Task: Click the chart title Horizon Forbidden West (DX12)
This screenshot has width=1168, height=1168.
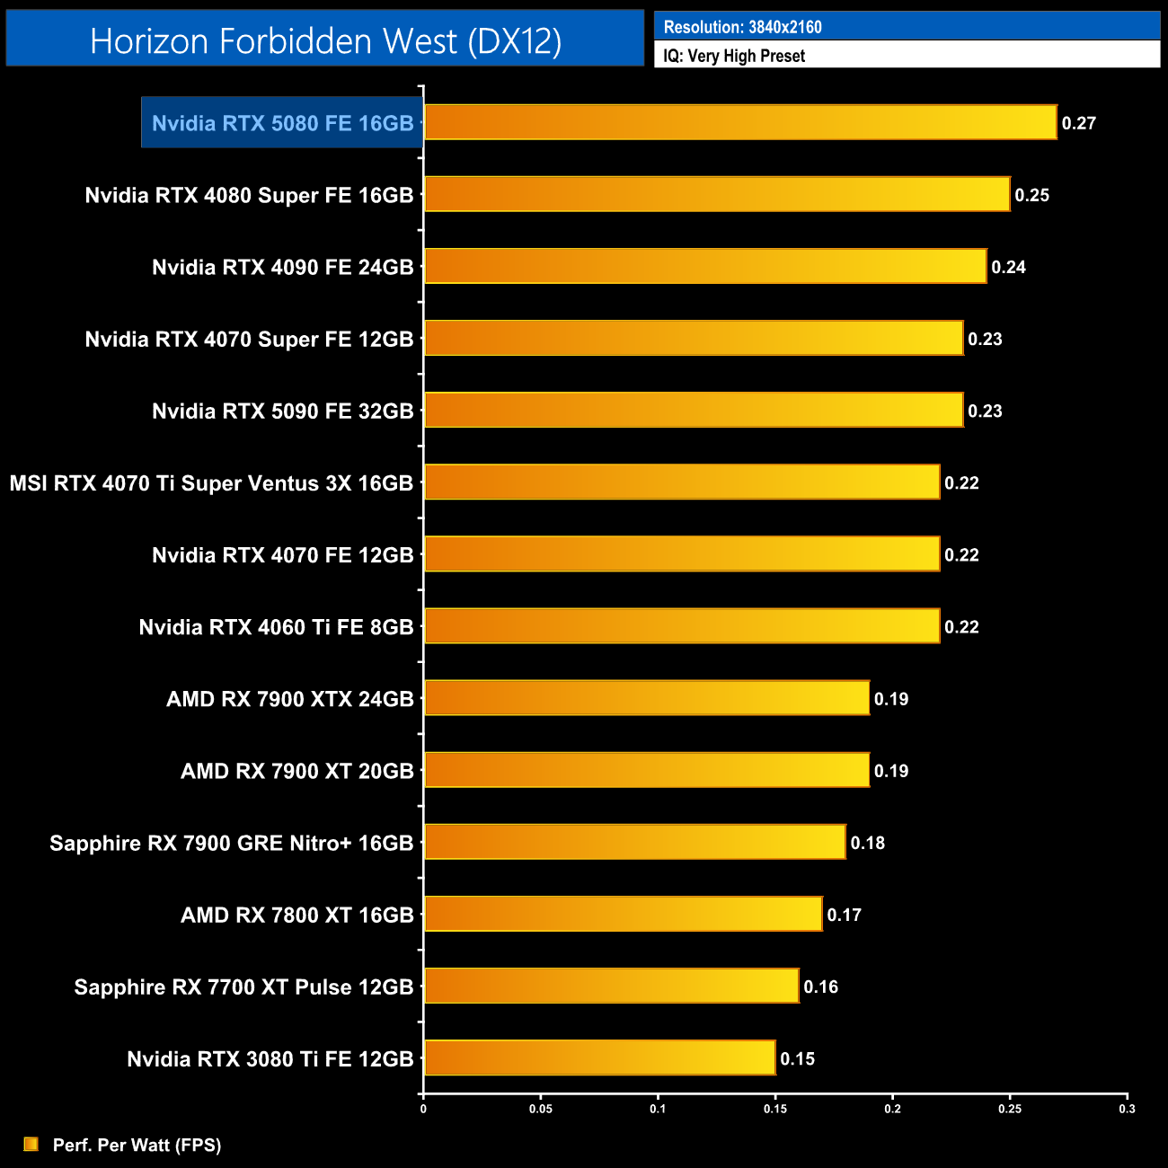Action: tap(325, 40)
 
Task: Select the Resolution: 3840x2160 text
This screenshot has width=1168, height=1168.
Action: tap(742, 27)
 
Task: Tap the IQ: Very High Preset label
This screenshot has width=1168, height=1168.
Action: tap(734, 56)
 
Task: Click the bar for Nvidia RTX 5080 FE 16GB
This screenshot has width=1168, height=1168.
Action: tap(739, 122)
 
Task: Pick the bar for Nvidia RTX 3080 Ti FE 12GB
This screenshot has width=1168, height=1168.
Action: tap(599, 1057)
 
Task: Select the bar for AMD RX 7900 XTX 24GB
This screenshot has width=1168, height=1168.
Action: tap(646, 698)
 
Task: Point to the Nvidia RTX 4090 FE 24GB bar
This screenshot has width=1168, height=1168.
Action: tap(705, 266)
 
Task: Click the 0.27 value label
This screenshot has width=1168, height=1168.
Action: tap(1078, 123)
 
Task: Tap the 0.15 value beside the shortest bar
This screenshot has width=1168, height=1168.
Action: tap(797, 1058)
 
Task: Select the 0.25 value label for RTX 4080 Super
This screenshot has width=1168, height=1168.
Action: tap(1031, 195)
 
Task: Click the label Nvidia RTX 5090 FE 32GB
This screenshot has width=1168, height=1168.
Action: tap(282, 411)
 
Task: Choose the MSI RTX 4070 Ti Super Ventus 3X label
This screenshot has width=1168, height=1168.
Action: tap(211, 482)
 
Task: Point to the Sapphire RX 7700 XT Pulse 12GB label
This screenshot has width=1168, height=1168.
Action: tap(243, 987)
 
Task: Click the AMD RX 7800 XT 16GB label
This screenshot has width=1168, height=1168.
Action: tap(296, 915)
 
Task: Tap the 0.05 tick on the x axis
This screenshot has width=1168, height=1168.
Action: tap(540, 1109)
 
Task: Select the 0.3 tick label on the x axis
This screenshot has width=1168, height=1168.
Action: tap(1127, 1109)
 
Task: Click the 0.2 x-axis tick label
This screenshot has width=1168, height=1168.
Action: tap(892, 1109)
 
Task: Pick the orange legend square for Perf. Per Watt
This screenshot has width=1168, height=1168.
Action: tap(31, 1144)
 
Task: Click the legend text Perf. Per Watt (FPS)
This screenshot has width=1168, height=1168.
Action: tap(137, 1145)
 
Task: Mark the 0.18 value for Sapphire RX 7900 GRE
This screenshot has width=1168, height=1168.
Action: tap(867, 843)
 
